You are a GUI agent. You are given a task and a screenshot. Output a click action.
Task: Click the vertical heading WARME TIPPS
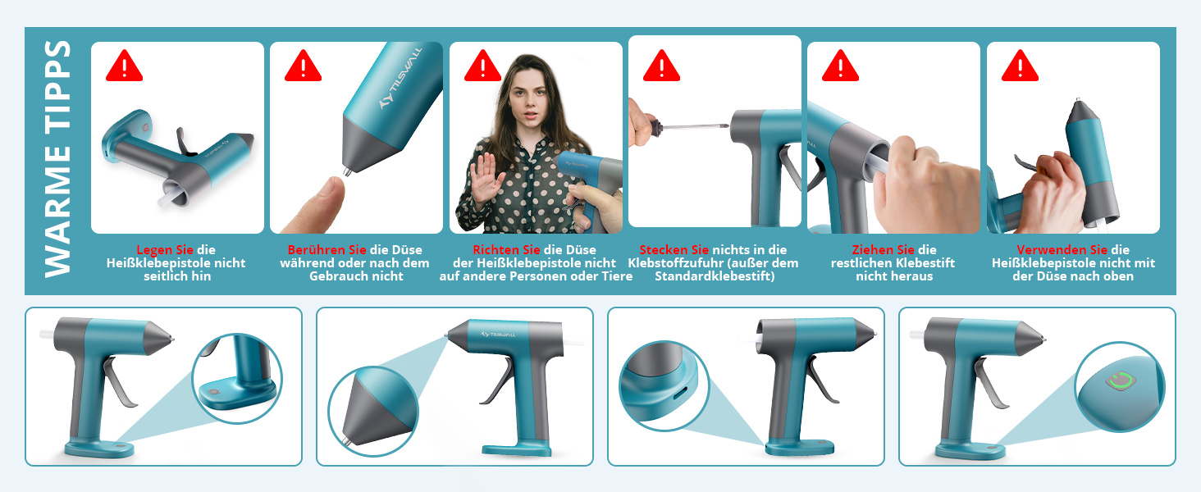[x=58, y=158]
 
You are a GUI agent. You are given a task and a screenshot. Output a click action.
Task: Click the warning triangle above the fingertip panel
[x=303, y=66]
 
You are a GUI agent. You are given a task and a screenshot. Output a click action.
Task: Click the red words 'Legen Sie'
[x=165, y=250]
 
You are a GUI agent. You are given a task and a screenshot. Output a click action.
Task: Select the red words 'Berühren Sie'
[x=327, y=250]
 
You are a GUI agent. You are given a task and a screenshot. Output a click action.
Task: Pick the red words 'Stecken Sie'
[x=674, y=250]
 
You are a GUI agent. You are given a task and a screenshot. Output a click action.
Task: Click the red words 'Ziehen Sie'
[x=883, y=250]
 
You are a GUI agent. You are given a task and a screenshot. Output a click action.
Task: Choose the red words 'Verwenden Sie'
[x=1062, y=250]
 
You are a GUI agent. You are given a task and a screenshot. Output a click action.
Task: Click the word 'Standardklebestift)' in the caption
[x=715, y=276]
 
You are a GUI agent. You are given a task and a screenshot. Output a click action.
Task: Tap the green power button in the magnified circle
[x=1120, y=381]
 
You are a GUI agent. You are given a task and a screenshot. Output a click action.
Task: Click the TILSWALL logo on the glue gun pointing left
[x=498, y=335]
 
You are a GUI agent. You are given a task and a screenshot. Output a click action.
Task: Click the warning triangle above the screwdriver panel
[x=662, y=66]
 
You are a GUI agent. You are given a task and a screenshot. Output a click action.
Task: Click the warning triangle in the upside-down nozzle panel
[x=1020, y=66]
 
